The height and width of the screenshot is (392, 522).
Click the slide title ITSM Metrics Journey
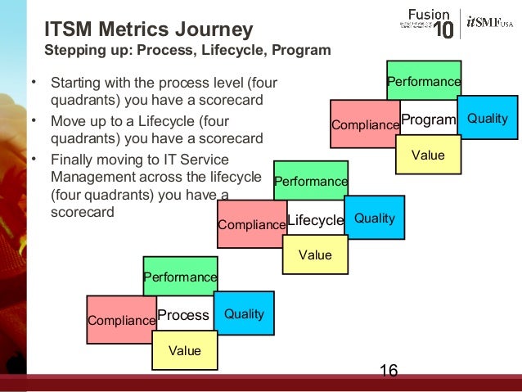[148, 29]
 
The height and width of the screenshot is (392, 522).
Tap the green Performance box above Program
[423, 80]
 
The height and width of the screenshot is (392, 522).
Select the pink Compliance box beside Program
[364, 123]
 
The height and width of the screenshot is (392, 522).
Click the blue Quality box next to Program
[487, 118]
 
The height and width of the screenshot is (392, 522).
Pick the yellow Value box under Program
[427, 155]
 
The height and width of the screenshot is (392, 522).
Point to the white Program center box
[429, 119]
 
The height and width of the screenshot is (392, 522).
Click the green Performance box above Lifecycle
[310, 180]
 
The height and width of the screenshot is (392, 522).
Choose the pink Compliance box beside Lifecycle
[252, 223]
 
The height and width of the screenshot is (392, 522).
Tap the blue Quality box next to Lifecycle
[374, 218]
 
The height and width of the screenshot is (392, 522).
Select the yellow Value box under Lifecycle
[315, 255]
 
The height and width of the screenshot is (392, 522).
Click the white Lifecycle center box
[316, 219]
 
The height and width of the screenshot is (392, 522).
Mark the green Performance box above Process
[180, 276]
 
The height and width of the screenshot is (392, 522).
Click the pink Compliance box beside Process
[121, 319]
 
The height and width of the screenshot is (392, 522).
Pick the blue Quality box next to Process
[244, 313]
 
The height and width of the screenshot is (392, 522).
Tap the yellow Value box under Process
[184, 350]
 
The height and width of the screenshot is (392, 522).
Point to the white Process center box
[184, 315]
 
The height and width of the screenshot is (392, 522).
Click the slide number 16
[389, 372]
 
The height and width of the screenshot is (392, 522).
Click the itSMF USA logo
[489, 23]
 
